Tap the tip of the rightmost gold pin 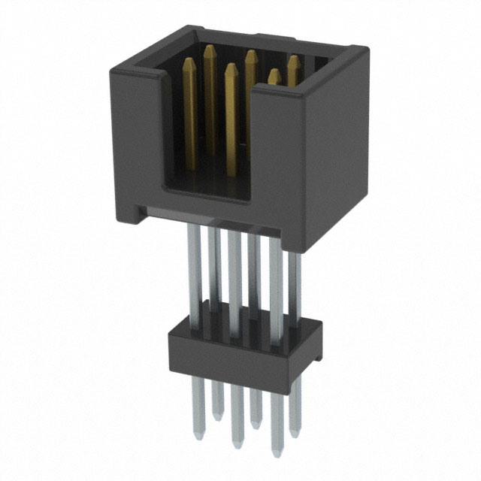[x=292, y=58]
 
